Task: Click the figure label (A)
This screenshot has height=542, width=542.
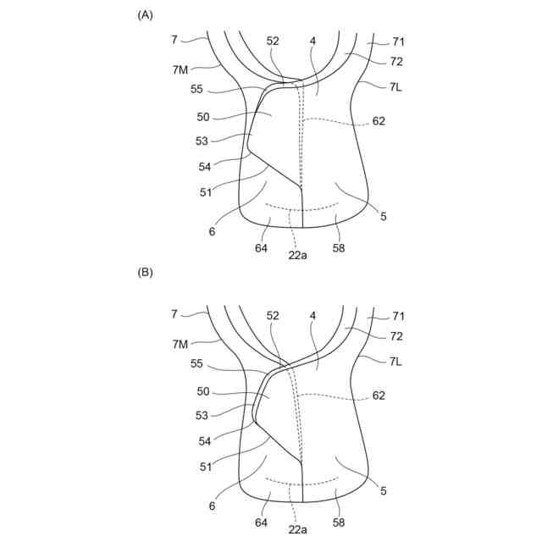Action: tap(145, 15)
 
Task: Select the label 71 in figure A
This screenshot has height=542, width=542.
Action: tap(399, 41)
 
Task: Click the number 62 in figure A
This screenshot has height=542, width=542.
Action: tap(378, 121)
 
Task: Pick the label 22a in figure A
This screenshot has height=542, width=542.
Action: tap(297, 254)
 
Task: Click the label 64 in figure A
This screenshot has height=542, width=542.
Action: tap(261, 248)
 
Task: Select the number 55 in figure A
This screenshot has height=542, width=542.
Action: tap(196, 89)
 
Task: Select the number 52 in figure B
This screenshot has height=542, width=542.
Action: tap(273, 316)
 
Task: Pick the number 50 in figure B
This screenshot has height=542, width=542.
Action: tap(203, 392)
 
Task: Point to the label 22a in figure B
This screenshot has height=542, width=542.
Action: tap(297, 529)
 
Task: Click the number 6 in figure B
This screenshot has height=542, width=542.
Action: tap(213, 505)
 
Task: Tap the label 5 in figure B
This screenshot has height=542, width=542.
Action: tap(384, 490)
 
